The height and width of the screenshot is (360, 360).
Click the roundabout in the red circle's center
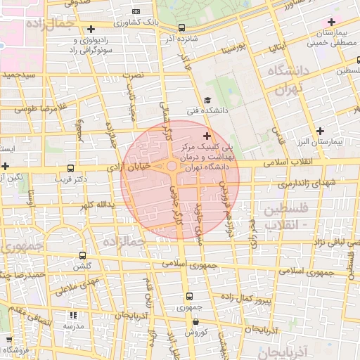coord(172,167)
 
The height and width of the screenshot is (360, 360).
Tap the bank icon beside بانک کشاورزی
coord(136,12)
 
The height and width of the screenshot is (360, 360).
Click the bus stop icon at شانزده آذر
coord(183,27)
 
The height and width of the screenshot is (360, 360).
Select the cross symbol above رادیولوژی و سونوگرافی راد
coord(91,29)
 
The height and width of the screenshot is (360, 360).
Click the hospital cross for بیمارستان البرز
coord(321,131)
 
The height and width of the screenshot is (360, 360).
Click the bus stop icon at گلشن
coord(83,256)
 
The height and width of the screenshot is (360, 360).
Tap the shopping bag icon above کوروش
coord(195,322)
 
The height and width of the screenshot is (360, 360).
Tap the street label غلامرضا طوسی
coord(28,107)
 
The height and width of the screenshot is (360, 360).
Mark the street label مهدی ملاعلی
coord(74,283)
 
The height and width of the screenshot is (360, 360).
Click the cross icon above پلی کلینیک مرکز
coord(206,135)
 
